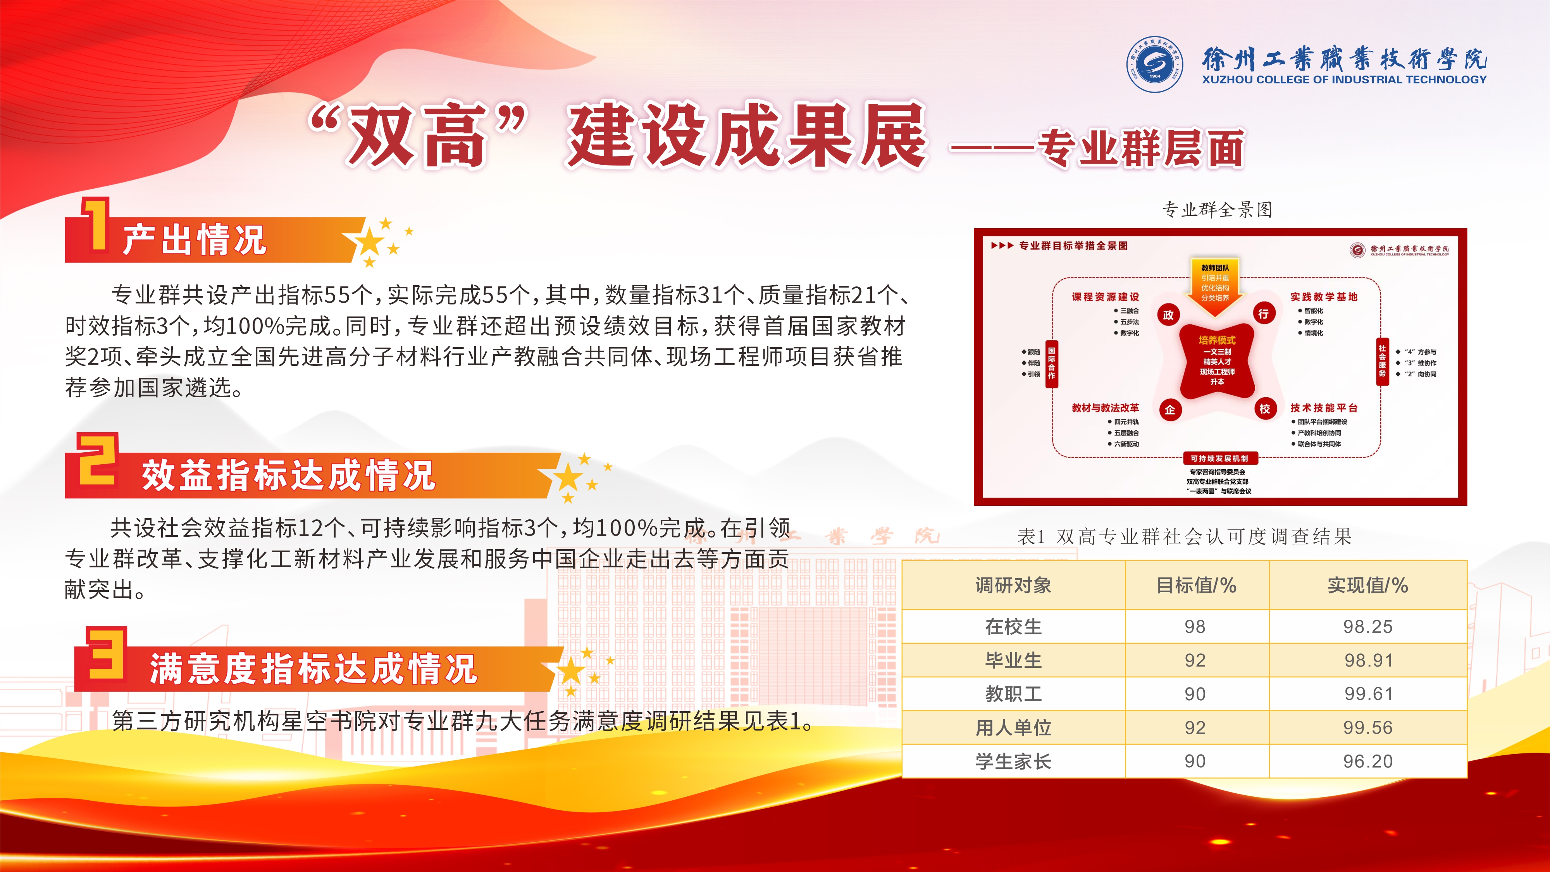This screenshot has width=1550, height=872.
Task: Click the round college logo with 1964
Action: [1154, 64]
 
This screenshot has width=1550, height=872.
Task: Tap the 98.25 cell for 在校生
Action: [1368, 626]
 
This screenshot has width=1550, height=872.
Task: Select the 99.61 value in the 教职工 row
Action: [1368, 694]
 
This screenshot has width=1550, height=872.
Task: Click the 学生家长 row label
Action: [1013, 761]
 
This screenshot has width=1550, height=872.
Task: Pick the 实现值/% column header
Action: [1368, 585]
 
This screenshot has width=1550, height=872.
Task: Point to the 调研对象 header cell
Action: [1013, 585]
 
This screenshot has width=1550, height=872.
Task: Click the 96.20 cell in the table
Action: [1368, 761]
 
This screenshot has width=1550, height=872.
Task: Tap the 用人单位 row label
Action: [1013, 727]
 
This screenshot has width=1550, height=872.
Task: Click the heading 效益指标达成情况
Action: [288, 476]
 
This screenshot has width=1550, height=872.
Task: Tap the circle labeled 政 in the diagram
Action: [1169, 315]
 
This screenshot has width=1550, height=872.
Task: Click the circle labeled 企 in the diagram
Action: [1170, 410]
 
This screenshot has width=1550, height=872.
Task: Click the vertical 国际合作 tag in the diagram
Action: [1052, 363]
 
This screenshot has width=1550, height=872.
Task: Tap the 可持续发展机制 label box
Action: [1219, 458]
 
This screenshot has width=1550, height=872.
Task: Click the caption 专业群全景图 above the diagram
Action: [1218, 209]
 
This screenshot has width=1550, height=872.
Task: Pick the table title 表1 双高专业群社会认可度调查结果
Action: [1184, 536]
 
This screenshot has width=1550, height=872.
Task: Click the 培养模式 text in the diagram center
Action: [1217, 340]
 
